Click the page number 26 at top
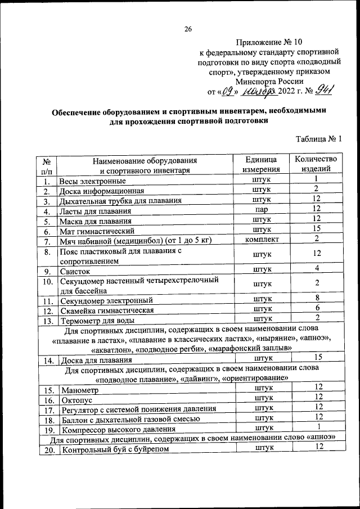tap(188, 29)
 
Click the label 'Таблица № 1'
tap(318, 139)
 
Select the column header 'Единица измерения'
tap(262, 164)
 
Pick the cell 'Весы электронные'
tap(93, 182)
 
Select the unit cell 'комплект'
tap(262, 240)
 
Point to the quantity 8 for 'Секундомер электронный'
tap(318, 298)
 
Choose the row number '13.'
tap(48, 321)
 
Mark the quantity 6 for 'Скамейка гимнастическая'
tap(318, 308)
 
